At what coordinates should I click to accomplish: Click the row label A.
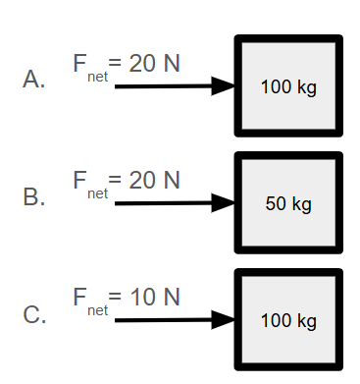coord(33,79)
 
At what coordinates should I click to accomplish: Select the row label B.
coord(34,196)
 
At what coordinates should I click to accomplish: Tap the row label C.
coord(34,314)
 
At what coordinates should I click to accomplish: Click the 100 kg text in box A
coord(288,87)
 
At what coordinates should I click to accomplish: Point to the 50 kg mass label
coord(288,204)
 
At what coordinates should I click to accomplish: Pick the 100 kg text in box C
coord(288,321)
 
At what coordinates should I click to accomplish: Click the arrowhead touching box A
coord(224,86)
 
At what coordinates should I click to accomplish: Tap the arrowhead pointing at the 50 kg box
coord(224,203)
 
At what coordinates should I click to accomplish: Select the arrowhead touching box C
coord(224,320)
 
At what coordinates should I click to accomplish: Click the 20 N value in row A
coord(154,63)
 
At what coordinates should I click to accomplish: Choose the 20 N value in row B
coord(154,180)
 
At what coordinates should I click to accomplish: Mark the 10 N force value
coord(155,297)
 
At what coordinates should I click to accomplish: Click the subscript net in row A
coord(97,77)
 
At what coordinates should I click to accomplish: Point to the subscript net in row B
coord(97,193)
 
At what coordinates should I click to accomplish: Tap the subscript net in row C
coord(97,310)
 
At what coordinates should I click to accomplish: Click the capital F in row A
coord(79,63)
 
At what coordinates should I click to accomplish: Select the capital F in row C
coord(79,297)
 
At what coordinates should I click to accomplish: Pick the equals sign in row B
coord(115,179)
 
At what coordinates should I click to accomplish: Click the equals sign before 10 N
coord(115,296)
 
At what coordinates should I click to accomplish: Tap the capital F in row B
coord(79,180)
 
